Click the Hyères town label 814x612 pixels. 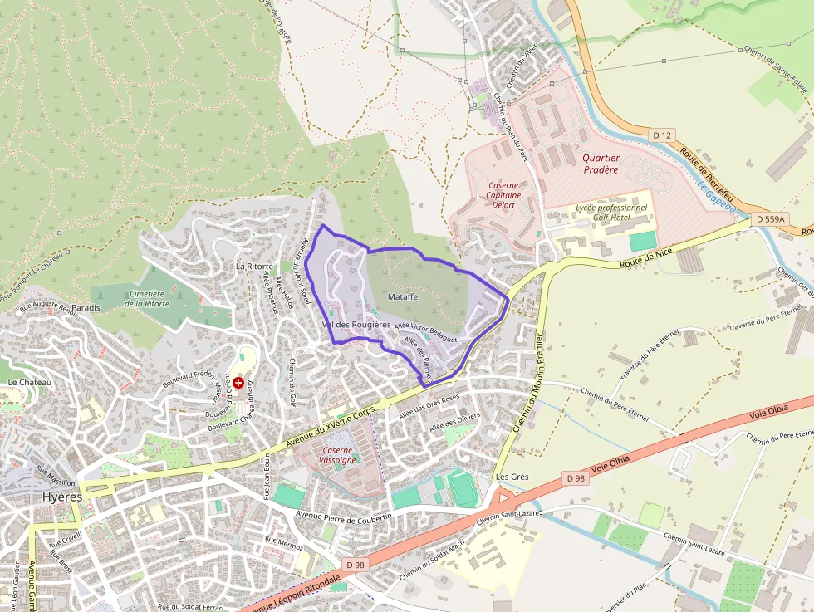(62, 497)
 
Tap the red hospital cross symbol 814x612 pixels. (238, 383)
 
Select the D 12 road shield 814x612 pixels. (661, 135)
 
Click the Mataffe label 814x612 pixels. (402, 296)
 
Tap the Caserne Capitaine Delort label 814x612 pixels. (503, 195)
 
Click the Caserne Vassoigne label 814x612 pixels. (339, 454)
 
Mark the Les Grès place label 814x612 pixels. (512, 477)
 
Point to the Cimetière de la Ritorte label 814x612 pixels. (146, 299)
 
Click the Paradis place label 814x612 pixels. (86, 307)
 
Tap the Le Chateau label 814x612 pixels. (29, 382)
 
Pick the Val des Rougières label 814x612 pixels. (356, 324)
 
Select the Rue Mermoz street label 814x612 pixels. (283, 543)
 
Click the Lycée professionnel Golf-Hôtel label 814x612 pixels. (610, 212)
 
